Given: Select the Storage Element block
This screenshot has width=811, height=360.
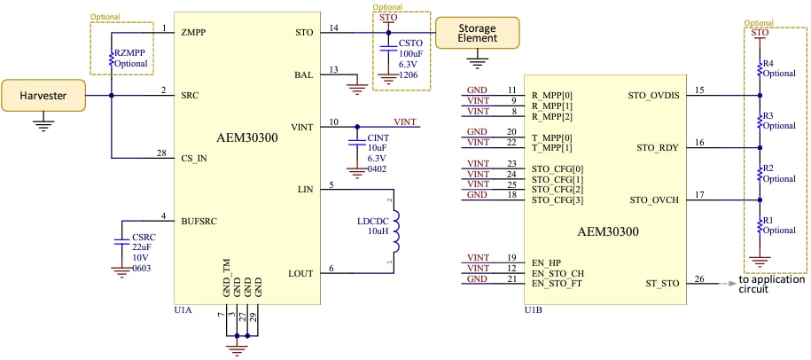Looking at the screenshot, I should [477, 33].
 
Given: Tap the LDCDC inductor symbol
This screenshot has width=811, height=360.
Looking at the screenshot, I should [395, 231].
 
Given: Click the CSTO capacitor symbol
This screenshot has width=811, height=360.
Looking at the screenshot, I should [386, 51].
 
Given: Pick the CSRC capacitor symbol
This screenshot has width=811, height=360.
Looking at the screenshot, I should [121, 240].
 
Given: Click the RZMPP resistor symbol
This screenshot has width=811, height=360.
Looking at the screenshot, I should [112, 59].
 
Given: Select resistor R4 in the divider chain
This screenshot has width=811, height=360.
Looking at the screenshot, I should [760, 68].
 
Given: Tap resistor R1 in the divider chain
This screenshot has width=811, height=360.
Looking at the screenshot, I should [760, 226].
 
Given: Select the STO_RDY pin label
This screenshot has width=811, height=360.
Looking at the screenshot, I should [653, 147].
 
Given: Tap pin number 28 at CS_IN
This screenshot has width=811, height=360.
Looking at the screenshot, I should [160, 153].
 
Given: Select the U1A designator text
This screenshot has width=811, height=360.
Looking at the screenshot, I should [183, 310].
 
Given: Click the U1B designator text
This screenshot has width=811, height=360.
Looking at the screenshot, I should [533, 310].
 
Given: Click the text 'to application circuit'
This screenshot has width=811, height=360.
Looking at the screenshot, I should [771, 284].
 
